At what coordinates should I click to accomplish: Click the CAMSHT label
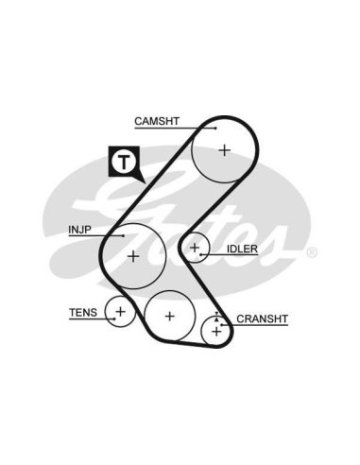157,121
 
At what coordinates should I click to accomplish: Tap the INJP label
79,230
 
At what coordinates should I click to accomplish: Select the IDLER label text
242,249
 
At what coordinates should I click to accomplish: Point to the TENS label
83,313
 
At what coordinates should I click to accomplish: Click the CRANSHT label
262,319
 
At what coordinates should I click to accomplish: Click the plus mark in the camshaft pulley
225,150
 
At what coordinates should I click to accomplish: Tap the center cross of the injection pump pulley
133,256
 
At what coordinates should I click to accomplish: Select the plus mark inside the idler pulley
195,248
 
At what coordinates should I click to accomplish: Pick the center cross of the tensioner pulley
120,312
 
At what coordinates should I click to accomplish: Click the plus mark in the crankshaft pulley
216,332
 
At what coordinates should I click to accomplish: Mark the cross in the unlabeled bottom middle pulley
170,316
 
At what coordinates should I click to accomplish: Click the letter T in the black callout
124,162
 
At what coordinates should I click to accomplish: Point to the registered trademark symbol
312,252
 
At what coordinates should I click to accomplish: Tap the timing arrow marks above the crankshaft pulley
216,317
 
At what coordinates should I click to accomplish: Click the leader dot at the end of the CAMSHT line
215,129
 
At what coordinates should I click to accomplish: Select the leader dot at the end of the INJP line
124,235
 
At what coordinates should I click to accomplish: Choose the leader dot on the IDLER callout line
200,254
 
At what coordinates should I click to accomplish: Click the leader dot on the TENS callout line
115,319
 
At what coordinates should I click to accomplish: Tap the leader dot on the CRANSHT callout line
222,324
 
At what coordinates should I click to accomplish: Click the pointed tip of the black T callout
146,183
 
